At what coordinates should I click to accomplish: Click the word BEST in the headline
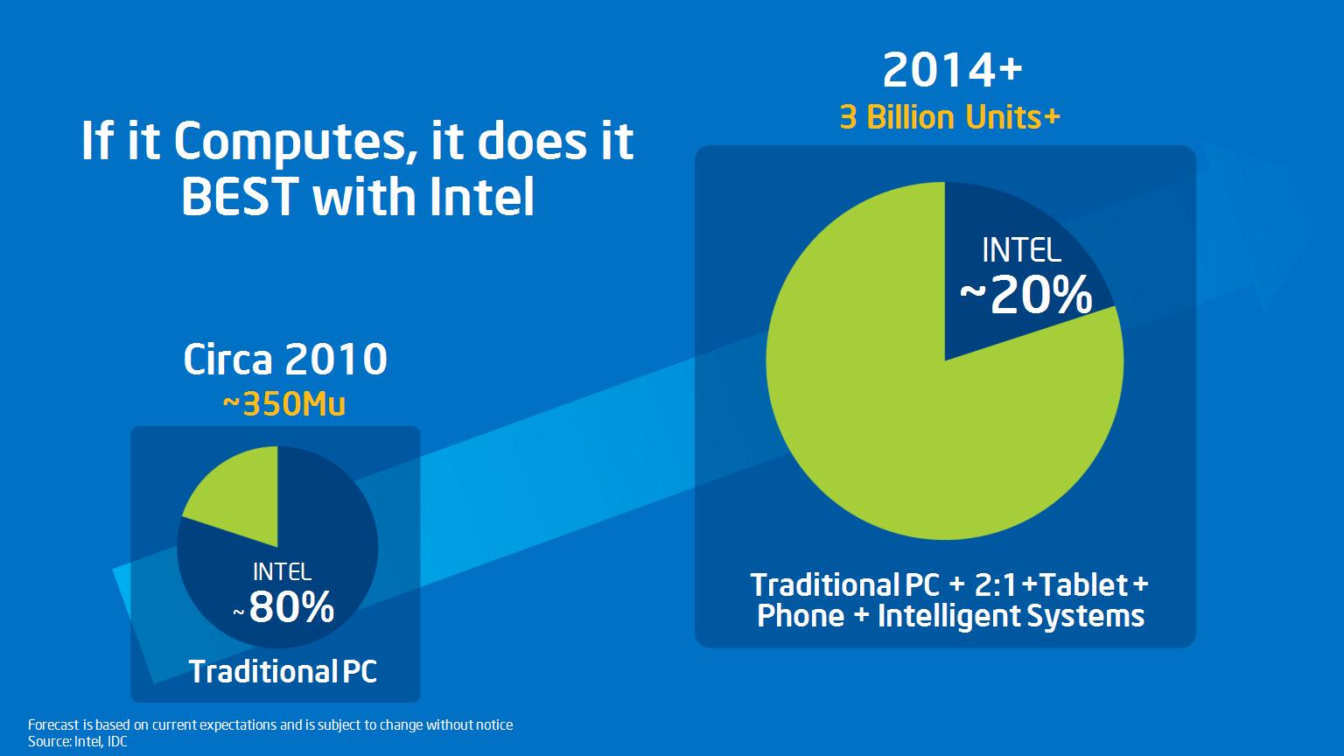coord(239,196)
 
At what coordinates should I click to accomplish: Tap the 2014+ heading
coord(952,70)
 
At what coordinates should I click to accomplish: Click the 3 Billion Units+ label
coord(949,116)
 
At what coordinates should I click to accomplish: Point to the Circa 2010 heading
coord(285,359)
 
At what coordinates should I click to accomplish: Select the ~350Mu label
coord(284,404)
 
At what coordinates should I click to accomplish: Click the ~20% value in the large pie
coord(1026,295)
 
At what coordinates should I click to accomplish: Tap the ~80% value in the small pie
coord(283,607)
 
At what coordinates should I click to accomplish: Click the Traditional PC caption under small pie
coord(283,671)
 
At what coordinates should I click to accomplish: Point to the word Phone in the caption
coord(801,616)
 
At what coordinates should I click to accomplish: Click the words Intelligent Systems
coord(1011,617)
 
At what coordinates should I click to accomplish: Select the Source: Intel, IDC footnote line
coord(78,742)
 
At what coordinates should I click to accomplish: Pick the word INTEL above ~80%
coord(282,571)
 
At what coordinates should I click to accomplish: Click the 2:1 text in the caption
coord(995,585)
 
